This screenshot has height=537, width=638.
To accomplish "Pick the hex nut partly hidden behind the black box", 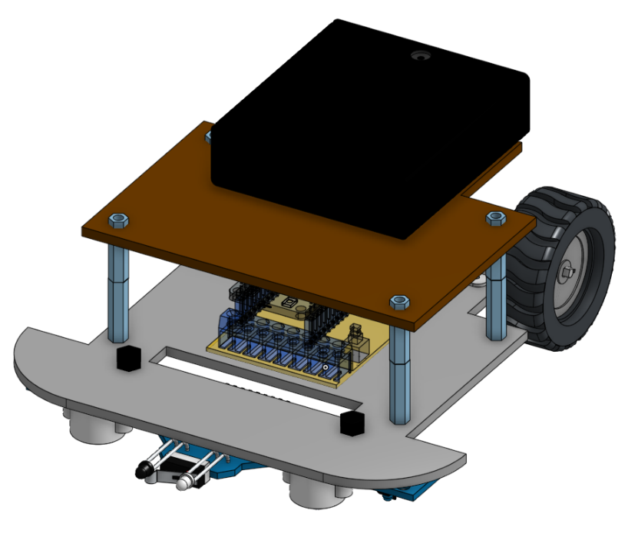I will (209, 137).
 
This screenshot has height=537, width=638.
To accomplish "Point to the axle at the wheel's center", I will (567, 270).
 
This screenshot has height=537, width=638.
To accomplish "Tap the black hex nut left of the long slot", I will (126, 357).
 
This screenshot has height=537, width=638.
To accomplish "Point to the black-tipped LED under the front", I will (144, 470).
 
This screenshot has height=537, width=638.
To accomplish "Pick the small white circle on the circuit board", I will (326, 369).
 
